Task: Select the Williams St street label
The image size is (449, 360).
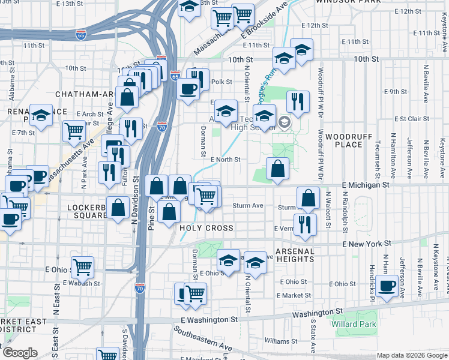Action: tap(277, 340)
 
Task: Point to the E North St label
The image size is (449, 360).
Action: tap(226, 160)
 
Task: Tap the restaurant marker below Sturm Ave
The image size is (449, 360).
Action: tap(306, 224)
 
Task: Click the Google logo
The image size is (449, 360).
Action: tap(20, 353)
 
